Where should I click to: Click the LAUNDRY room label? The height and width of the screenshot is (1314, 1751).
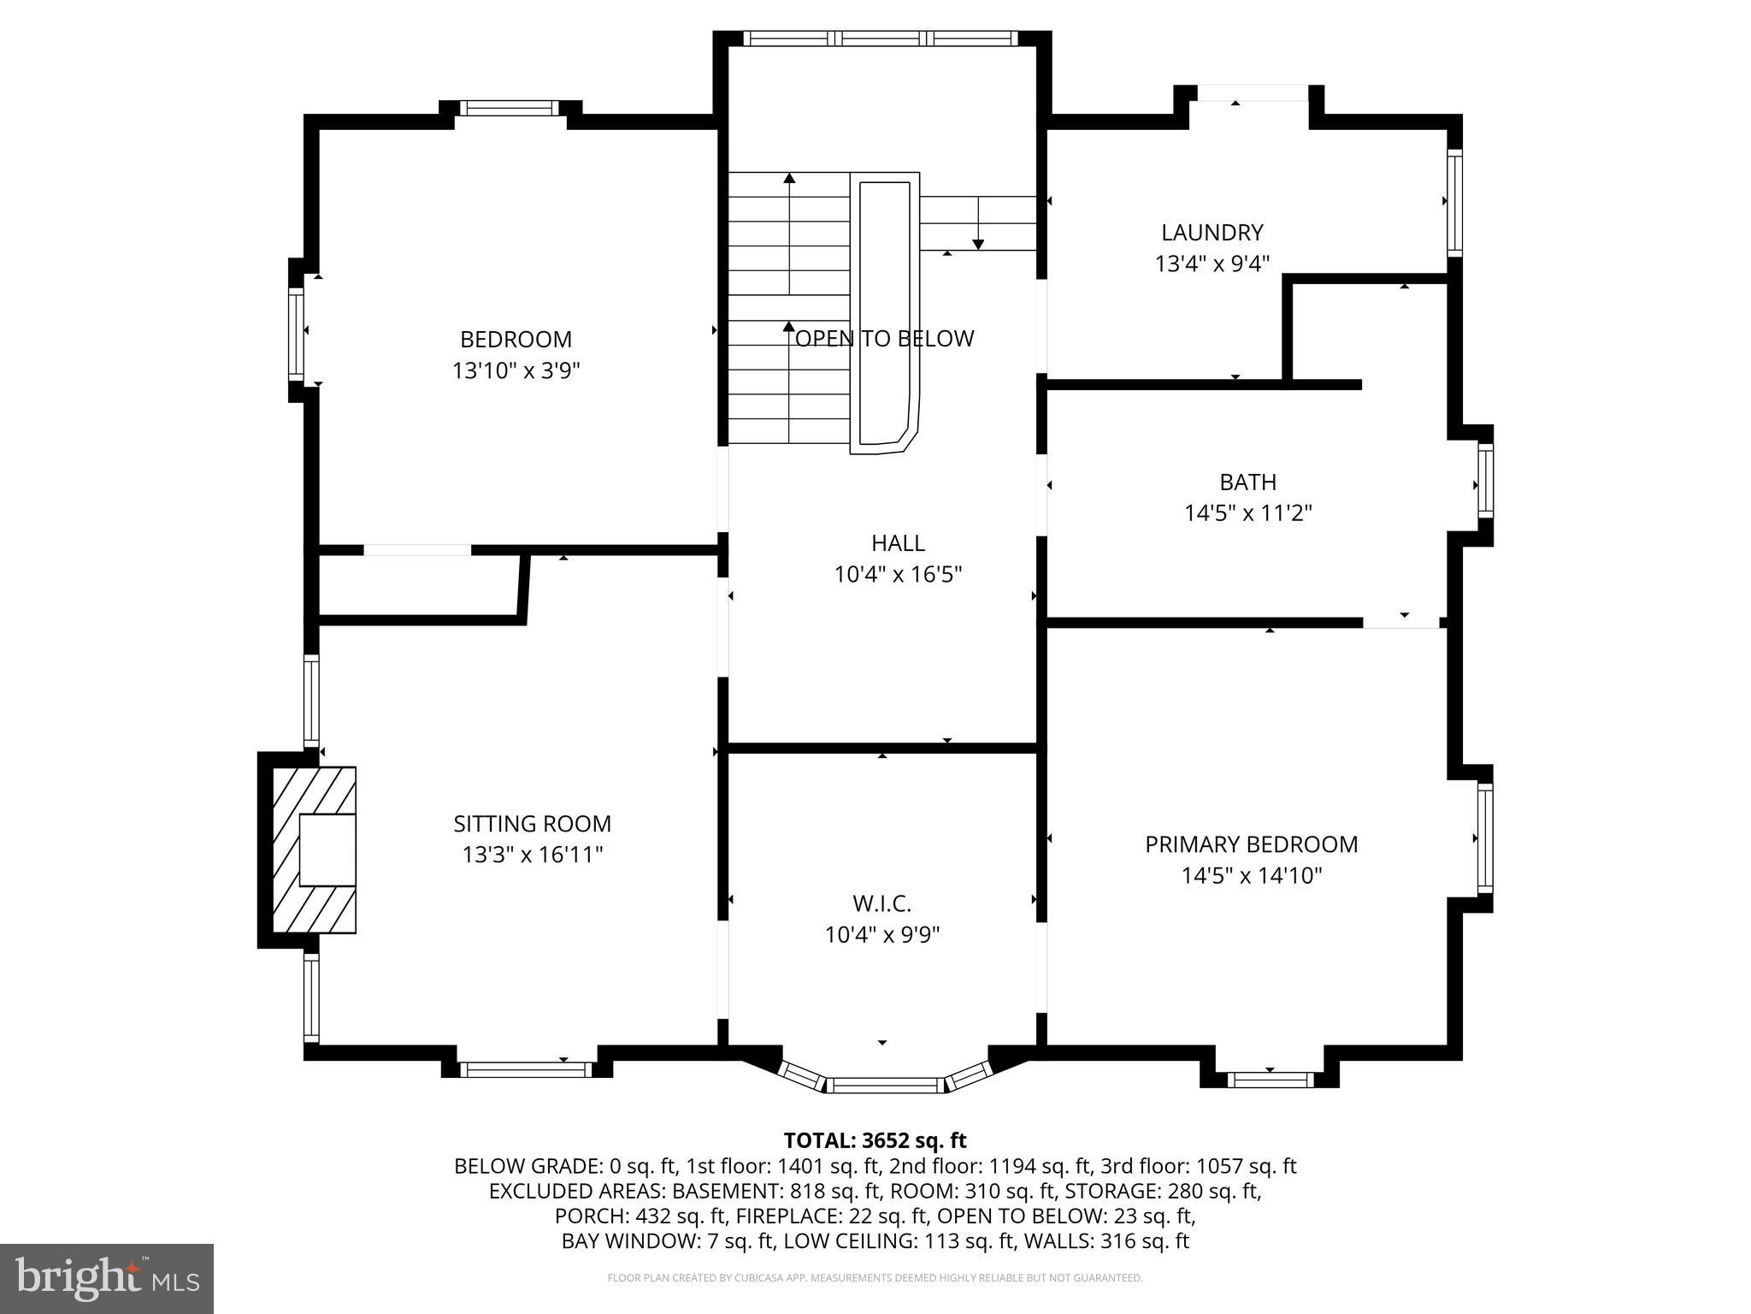click(x=1212, y=233)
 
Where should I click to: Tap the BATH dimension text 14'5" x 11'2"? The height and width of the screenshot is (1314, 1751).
click(x=1247, y=513)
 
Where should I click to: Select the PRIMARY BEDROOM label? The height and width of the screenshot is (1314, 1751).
click(x=1251, y=844)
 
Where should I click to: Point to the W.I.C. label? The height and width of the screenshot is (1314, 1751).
click(x=881, y=903)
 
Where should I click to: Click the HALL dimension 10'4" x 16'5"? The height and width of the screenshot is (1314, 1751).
click(x=898, y=574)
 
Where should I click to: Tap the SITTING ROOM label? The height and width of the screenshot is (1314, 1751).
click(x=532, y=824)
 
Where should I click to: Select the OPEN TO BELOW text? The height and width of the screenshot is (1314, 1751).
click(x=884, y=339)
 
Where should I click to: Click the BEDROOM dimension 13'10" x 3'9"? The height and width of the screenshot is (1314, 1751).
click(x=516, y=370)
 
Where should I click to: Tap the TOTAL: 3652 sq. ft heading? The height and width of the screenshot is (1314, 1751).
click(x=875, y=1140)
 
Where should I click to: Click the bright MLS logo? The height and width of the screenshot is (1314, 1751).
click(x=107, y=1278)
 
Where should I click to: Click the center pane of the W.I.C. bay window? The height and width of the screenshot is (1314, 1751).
click(x=884, y=1086)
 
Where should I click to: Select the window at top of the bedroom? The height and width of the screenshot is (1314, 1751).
click(x=509, y=109)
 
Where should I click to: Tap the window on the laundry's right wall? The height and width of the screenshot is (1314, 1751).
click(x=1453, y=202)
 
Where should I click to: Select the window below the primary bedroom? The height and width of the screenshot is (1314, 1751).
click(x=1270, y=1080)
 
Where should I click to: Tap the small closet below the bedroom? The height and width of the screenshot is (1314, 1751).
click(x=417, y=585)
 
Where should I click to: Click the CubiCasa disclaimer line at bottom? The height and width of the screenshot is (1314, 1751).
click(x=875, y=1278)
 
